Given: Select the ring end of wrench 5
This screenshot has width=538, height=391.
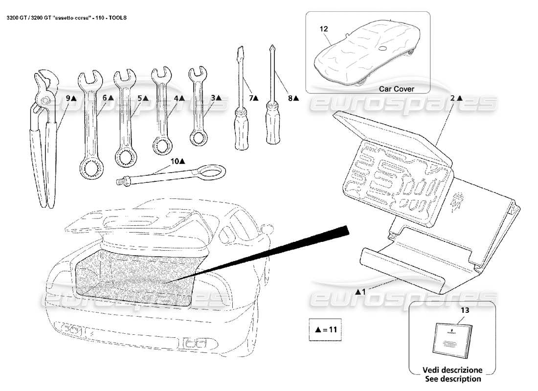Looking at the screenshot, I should click(125, 156).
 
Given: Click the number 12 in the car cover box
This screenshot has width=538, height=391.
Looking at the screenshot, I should click(323, 29).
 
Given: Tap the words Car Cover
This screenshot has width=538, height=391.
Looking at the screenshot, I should click(397, 89).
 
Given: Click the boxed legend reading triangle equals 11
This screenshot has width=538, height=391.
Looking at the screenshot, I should click(325, 329).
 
